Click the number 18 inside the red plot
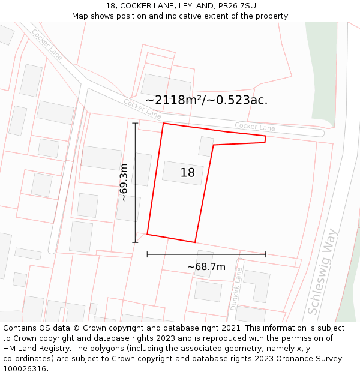coord(187,173)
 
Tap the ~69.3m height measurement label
coord(124,182)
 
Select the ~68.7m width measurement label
coord(206,267)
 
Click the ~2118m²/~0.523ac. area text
coord(206,100)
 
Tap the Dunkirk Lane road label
coord(237,289)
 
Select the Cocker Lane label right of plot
coord(254,127)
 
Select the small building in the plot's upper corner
coord(206,146)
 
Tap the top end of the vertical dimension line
coord(135,123)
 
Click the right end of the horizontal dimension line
coord(266,254)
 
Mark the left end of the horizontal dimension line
coord(147,254)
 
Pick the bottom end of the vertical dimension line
coord(135,242)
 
